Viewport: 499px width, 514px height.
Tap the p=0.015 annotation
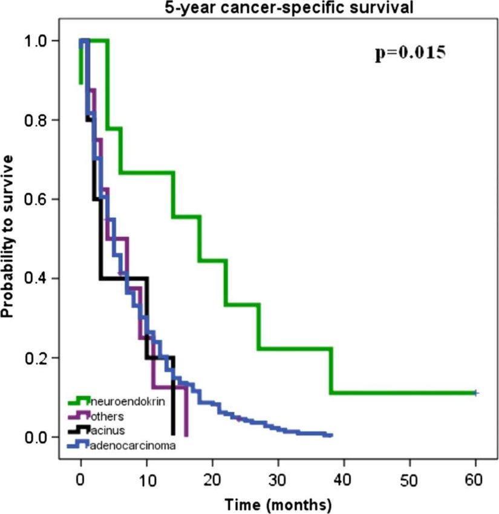410,53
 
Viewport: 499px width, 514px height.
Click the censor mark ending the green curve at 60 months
475,393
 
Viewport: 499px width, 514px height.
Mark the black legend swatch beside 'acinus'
79,431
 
